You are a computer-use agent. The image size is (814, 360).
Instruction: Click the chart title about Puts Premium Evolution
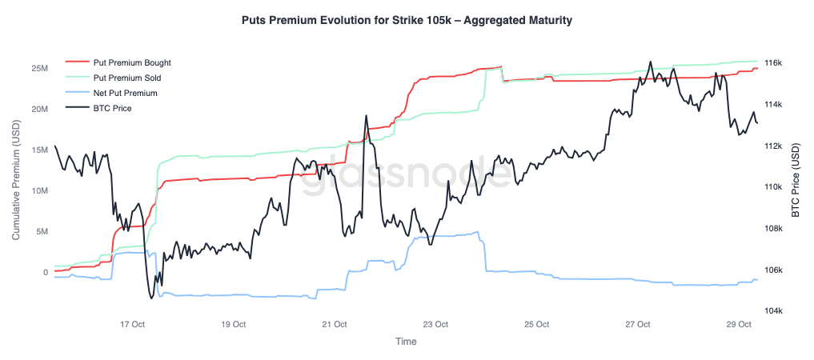407,21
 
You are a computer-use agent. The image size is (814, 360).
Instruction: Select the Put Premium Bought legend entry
132,62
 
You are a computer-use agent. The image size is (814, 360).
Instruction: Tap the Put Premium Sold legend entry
127,78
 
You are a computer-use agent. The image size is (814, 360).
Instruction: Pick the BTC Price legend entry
112,108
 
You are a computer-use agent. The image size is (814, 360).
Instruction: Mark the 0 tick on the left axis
45,272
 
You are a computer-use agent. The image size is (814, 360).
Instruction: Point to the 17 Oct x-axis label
132,325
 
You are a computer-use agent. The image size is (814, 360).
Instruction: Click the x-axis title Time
406,342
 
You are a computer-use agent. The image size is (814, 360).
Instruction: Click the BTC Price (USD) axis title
796,181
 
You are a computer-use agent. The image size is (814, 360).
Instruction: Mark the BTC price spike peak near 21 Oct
366,116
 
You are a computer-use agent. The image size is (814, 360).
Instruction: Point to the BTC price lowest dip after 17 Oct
150,298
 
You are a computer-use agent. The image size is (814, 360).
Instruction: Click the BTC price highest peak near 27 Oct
650,62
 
